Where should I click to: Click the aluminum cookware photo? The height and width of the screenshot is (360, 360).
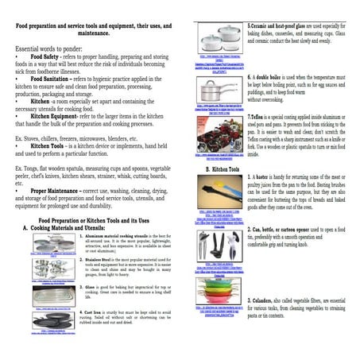54,243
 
